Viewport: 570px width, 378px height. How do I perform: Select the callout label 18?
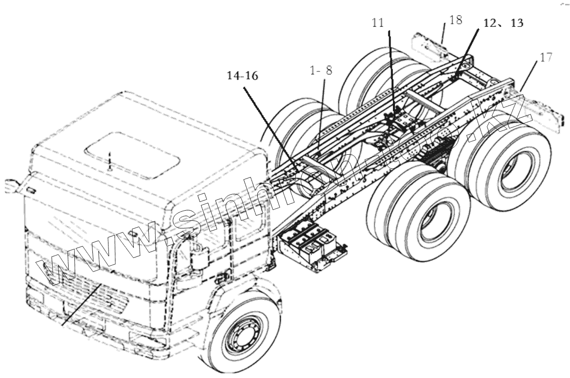[456, 20]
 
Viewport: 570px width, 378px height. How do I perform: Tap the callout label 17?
[545, 57]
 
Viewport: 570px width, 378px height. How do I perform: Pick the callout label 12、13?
[503, 23]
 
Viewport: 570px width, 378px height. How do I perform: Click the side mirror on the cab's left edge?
[11, 186]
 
